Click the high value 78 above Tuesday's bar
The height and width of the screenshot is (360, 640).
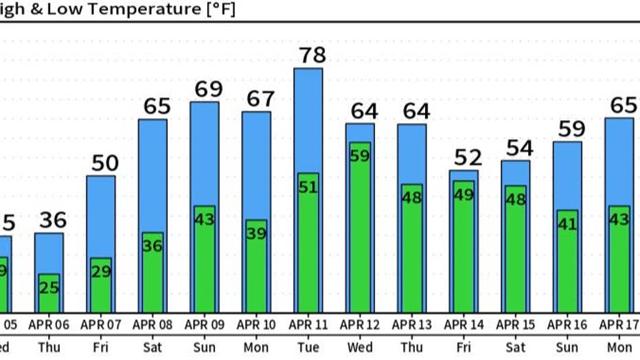[308, 55]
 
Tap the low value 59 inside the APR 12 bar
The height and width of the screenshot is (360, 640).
[360, 156]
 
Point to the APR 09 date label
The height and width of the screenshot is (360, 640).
[204, 324]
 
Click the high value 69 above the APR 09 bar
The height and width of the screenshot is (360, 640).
[205, 89]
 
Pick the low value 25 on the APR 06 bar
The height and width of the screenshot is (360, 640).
[49, 287]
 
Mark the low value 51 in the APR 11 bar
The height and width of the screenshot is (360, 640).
[308, 186]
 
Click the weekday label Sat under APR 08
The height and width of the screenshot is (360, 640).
[152, 347]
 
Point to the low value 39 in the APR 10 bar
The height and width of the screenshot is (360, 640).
[256, 234]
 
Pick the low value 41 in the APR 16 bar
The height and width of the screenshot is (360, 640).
[567, 224]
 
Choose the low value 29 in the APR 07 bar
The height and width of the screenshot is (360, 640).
[101, 271]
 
